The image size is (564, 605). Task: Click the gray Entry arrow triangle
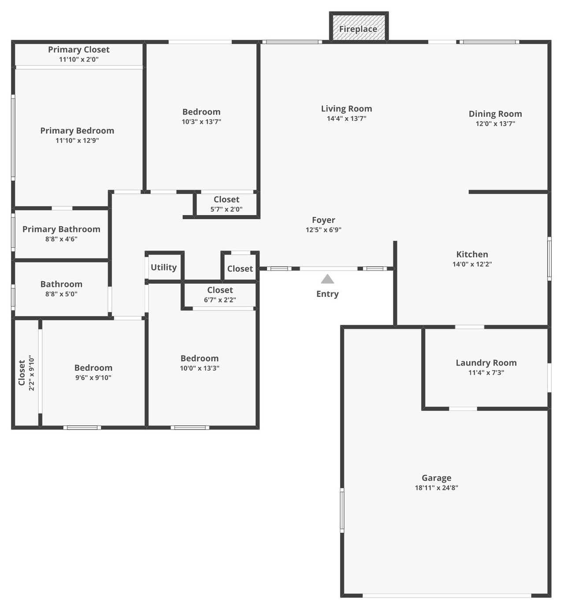(x=327, y=279)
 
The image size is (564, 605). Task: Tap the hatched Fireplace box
(x=358, y=27)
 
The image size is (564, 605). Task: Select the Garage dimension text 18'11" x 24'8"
(x=436, y=487)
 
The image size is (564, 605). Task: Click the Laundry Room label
(x=486, y=362)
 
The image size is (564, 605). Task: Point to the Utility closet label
(x=163, y=267)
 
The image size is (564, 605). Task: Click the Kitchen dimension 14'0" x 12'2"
(x=472, y=264)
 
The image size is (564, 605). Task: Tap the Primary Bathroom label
(x=61, y=229)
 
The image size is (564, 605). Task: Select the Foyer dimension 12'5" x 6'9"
(x=323, y=229)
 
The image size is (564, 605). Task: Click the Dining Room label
(x=495, y=114)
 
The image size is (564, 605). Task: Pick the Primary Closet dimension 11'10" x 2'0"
(x=78, y=59)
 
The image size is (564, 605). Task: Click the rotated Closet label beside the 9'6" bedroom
(x=22, y=372)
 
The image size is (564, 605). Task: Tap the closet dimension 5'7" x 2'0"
(x=226, y=209)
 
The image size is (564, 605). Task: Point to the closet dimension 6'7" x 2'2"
(x=219, y=299)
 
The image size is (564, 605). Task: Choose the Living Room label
(x=346, y=108)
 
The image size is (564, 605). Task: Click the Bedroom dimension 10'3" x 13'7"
(x=201, y=122)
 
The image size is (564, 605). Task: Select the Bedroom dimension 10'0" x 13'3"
(x=200, y=368)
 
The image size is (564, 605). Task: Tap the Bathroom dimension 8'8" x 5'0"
(x=61, y=294)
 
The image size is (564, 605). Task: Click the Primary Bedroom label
(x=77, y=131)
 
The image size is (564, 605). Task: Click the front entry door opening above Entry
(x=328, y=269)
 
